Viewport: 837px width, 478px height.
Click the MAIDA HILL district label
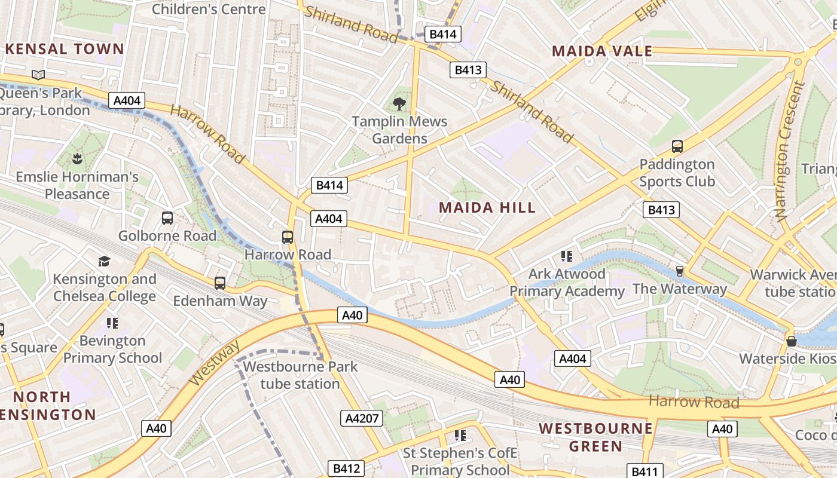click(487, 208)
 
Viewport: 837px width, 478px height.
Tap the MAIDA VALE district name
click(602, 51)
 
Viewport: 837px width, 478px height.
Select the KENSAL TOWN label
click(65, 49)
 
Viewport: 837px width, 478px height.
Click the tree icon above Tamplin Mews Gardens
click(399, 104)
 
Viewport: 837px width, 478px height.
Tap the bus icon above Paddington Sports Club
click(677, 146)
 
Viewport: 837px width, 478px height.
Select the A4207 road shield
click(361, 418)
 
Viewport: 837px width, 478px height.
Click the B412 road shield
click(346, 468)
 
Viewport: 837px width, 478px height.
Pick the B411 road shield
click(644, 471)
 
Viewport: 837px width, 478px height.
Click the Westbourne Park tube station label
click(300, 375)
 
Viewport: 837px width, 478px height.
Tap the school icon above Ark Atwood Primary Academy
click(567, 257)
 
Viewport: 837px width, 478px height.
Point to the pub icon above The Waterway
click(679, 271)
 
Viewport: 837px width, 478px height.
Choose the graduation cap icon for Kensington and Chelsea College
click(105, 261)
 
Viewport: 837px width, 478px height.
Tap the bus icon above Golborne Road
click(167, 218)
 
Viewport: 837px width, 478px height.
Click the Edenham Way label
click(220, 301)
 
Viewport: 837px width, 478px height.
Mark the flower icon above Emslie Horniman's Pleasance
click(77, 159)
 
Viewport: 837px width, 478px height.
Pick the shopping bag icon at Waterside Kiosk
click(792, 341)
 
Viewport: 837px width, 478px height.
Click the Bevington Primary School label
click(112, 349)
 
